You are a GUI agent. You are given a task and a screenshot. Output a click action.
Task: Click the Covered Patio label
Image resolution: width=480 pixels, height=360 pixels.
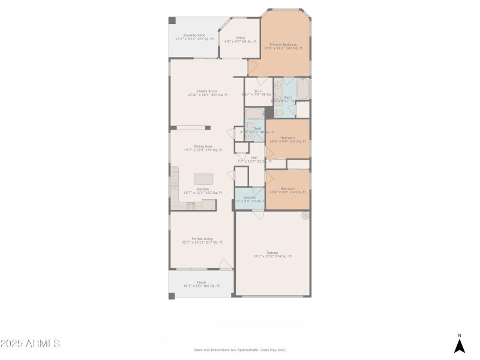[x=194, y=37]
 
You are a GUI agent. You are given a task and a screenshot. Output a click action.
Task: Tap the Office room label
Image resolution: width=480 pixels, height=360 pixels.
[x=240, y=40]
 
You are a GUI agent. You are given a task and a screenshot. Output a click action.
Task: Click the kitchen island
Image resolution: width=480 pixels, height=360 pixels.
[x=203, y=179]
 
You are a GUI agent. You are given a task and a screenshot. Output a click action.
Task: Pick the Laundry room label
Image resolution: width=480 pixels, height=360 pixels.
[x=250, y=199]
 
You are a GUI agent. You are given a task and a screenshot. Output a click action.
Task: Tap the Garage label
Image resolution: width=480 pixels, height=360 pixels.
[x=272, y=254]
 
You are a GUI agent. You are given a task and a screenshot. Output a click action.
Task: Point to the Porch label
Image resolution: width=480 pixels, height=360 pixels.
[x=201, y=284]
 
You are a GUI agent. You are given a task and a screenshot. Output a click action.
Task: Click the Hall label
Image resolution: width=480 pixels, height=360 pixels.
[x=254, y=160]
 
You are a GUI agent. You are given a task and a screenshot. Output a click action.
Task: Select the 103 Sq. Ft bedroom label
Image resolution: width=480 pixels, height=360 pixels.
[x=287, y=139]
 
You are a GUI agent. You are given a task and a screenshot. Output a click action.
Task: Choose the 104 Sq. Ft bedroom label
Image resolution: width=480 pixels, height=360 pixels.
[x=287, y=190]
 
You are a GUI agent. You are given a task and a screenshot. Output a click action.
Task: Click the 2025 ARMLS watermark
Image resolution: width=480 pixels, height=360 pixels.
[x=30, y=344]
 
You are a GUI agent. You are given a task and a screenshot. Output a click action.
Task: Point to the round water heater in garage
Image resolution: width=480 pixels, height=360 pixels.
[x=305, y=215]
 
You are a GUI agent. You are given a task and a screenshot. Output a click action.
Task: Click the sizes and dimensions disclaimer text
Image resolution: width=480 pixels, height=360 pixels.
[x=239, y=350]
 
